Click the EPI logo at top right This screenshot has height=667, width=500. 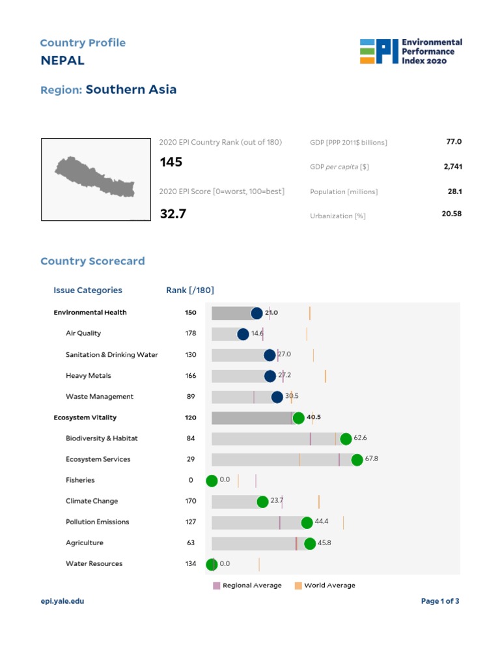tap(411, 51)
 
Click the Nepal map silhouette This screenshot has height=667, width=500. tap(94, 176)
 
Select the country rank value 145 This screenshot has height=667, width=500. tap(171, 162)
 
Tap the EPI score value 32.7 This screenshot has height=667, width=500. tap(173, 213)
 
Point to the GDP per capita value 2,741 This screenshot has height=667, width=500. tap(452, 167)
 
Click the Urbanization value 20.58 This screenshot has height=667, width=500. tap(451, 213)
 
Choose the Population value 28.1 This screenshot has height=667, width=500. tap(454, 192)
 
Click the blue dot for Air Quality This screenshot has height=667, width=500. tap(243, 334)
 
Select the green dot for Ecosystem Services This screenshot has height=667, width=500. tap(357, 460)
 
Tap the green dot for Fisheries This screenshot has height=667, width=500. tap(212, 481)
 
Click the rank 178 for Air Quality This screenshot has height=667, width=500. tap(191, 333)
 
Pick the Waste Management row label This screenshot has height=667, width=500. tap(100, 397)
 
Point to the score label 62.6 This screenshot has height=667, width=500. tap(361, 438)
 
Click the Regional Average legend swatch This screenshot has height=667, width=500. tap(217, 586)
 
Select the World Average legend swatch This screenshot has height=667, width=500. tap(298, 586)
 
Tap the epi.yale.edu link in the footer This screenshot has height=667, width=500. tap(62, 601)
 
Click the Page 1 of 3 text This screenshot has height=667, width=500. tap(440, 601)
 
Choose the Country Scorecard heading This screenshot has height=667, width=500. tap(92, 261)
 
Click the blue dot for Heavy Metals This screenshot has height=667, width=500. tap(270, 376)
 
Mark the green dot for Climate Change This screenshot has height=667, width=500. tap(262, 502)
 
